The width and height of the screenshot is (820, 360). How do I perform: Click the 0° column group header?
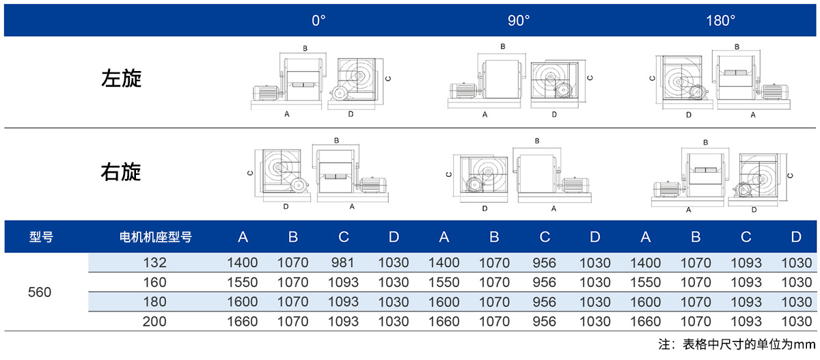318,20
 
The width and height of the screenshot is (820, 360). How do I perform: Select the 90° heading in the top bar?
519,20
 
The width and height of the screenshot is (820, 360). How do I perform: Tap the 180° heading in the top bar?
720,20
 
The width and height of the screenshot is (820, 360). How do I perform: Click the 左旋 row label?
121,79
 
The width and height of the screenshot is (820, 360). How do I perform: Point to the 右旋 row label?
121,172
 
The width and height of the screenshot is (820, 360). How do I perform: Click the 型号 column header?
41,237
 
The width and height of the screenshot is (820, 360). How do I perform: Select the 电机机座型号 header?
156,237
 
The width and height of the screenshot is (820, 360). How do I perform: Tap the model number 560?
40,292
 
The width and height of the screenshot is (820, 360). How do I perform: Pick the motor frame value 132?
154,262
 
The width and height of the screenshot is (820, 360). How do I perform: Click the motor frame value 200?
154,321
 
